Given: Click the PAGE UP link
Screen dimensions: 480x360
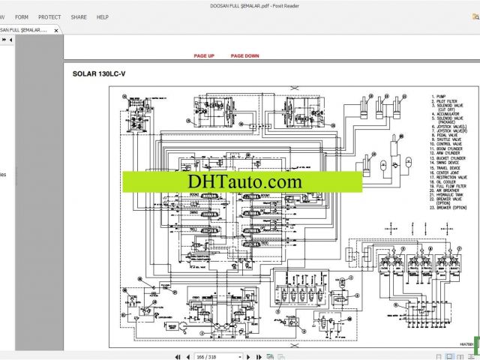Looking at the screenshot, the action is pos(204,56).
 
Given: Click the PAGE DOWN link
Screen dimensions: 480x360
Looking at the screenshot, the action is pos(244,56).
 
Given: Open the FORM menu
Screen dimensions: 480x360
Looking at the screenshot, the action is pos(22,16).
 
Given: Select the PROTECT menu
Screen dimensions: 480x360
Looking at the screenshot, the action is pos(49,16).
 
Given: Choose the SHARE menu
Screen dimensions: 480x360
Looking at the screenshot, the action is pos(78,16).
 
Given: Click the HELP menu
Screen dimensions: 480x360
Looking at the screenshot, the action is pos(103,16).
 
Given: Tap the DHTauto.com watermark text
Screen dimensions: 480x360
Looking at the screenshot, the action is pos(240,181).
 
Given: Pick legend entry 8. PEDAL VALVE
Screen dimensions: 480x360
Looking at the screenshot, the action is pos(445,136).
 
